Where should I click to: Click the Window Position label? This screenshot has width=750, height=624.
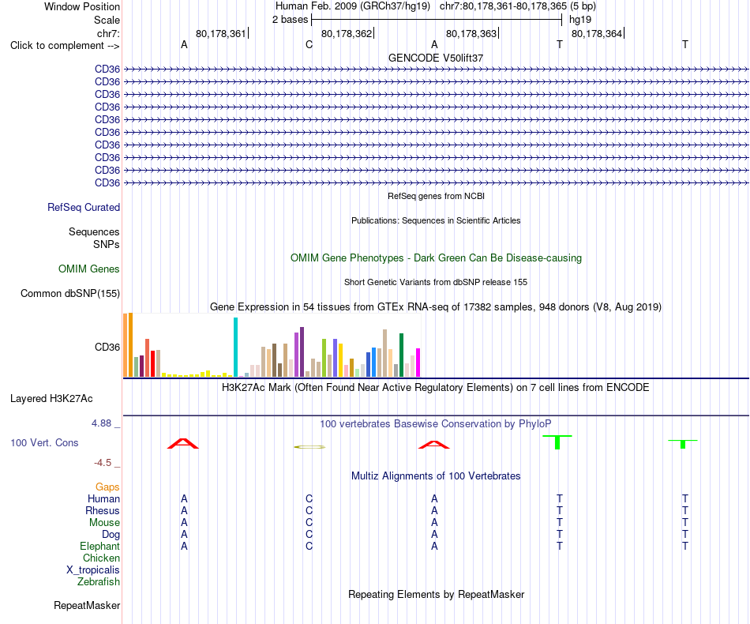tap(82, 6)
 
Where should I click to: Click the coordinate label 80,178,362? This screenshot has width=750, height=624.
tap(347, 33)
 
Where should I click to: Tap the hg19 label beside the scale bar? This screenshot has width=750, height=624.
tap(580, 20)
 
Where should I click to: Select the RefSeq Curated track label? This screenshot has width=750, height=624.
tap(84, 207)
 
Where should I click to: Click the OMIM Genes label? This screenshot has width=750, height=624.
tap(89, 269)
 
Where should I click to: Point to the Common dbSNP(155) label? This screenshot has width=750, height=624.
tap(70, 293)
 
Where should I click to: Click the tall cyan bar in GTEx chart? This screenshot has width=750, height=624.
tap(235, 347)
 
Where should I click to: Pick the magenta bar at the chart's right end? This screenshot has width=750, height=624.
tap(418, 363)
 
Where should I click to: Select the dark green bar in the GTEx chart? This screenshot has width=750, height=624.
tap(401, 355)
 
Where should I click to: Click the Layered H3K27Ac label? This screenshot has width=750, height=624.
tap(51, 399)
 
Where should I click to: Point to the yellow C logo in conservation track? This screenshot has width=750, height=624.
tap(309, 447)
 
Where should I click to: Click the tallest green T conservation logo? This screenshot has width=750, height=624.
tap(557, 442)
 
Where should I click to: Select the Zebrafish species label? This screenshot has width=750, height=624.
tap(99, 582)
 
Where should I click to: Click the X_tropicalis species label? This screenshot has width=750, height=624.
tap(93, 570)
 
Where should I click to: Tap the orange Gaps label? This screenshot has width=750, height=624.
tap(107, 487)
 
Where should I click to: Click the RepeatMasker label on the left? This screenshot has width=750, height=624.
tap(87, 605)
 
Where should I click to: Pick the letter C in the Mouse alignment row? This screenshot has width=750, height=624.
tap(309, 523)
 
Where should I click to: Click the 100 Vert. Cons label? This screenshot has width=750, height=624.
tap(44, 442)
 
